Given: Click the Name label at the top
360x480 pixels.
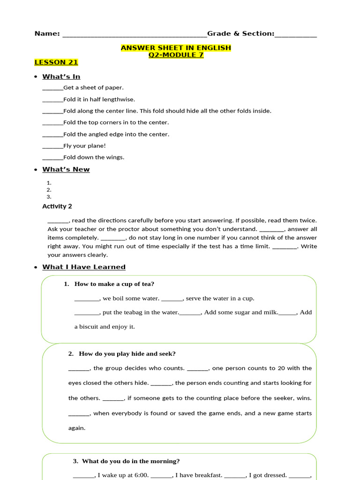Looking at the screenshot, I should click(x=47, y=34).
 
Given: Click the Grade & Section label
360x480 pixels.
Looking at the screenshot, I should click(x=240, y=34).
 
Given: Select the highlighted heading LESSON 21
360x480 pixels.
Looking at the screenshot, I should click(x=56, y=62).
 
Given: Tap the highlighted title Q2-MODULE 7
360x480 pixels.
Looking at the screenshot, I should click(x=176, y=55).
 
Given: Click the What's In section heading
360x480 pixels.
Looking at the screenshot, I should click(x=61, y=76).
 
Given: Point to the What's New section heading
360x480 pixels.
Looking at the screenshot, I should click(x=66, y=169).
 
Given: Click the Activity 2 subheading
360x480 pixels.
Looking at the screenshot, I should click(x=57, y=206).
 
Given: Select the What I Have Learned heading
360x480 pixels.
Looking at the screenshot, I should click(x=84, y=267).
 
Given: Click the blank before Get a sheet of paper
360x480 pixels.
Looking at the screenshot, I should click(x=52, y=88).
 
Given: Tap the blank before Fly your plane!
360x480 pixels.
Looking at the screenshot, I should click(x=52, y=146).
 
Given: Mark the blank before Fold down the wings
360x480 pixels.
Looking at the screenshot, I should click(x=52, y=158).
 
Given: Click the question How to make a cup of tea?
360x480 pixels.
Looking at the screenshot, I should click(x=114, y=284).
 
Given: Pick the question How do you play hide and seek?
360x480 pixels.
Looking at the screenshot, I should click(x=127, y=354).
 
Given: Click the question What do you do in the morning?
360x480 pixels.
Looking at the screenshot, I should click(x=131, y=461).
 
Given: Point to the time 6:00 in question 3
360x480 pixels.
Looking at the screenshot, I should click(x=141, y=475).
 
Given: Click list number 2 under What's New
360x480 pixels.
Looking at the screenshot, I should click(x=49, y=190).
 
